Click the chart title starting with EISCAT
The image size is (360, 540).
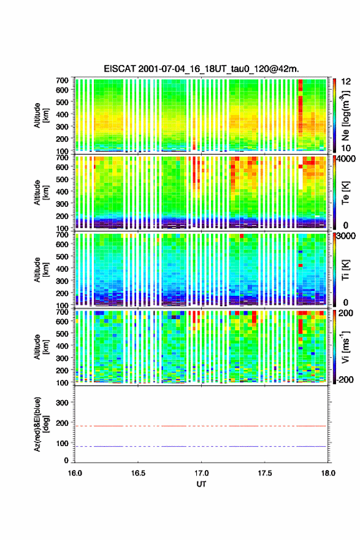[x=201, y=69]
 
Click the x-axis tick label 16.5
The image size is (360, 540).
[x=138, y=473]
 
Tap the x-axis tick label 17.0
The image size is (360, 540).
[x=201, y=473]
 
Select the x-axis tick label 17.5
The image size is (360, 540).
[x=265, y=473]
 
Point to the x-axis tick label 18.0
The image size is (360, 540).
[x=327, y=473]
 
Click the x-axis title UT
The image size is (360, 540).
[x=201, y=484]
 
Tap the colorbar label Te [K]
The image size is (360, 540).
[x=346, y=193]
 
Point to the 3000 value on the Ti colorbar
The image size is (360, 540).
[x=347, y=236]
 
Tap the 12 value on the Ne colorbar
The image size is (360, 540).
[x=347, y=81]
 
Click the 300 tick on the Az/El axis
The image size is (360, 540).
[x=63, y=403]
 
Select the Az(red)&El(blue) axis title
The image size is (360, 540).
[x=40, y=424]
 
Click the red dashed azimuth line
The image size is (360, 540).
[x=201, y=426]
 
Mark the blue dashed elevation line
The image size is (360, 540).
[x=201, y=446]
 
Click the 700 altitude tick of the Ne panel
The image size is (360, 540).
[x=63, y=80]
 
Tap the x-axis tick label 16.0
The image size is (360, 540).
[x=75, y=473]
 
